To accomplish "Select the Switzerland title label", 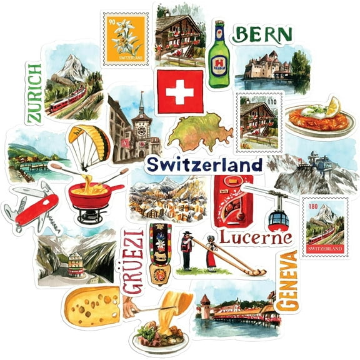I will (204, 166).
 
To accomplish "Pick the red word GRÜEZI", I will (132, 261).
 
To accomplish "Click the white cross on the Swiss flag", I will (179, 91).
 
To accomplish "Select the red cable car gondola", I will (279, 219).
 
